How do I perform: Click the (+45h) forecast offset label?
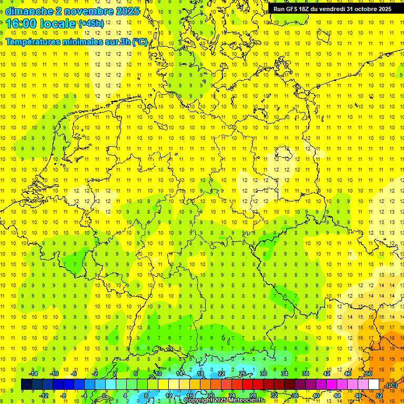[91, 24]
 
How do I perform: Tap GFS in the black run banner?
[293, 9]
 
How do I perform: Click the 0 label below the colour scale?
[104, 396]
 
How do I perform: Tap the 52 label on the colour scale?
[379, 396]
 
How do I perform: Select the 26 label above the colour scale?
[243, 373]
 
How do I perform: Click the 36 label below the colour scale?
[295, 396]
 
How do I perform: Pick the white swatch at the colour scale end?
[374, 385]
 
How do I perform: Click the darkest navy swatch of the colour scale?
[26, 385]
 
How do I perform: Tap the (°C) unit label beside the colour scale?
[391, 385]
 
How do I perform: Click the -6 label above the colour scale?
[74, 373]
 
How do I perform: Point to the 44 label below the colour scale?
[337, 396]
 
